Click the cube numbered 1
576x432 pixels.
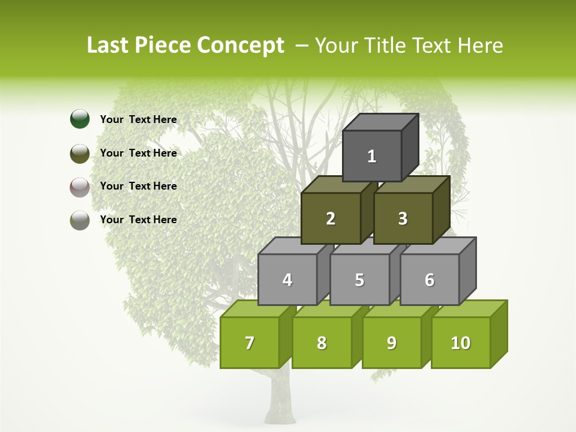(x=372, y=156)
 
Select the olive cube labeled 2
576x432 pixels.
(x=331, y=218)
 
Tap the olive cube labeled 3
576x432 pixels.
(x=403, y=218)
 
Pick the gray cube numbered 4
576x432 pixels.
(x=287, y=280)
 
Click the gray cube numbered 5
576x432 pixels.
(x=359, y=280)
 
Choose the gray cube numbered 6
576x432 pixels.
(x=430, y=280)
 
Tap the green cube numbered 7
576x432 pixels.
(x=250, y=343)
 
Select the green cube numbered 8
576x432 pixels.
(x=322, y=343)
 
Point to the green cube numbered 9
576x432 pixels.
(x=392, y=343)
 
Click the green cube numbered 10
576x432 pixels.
(x=461, y=343)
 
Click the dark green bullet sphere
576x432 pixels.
(x=80, y=119)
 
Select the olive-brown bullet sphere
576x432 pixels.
(x=80, y=154)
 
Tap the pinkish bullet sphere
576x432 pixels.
(x=80, y=187)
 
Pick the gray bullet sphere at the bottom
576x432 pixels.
(x=80, y=220)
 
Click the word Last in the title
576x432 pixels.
(x=109, y=46)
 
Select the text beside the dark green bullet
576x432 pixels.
(x=138, y=119)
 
